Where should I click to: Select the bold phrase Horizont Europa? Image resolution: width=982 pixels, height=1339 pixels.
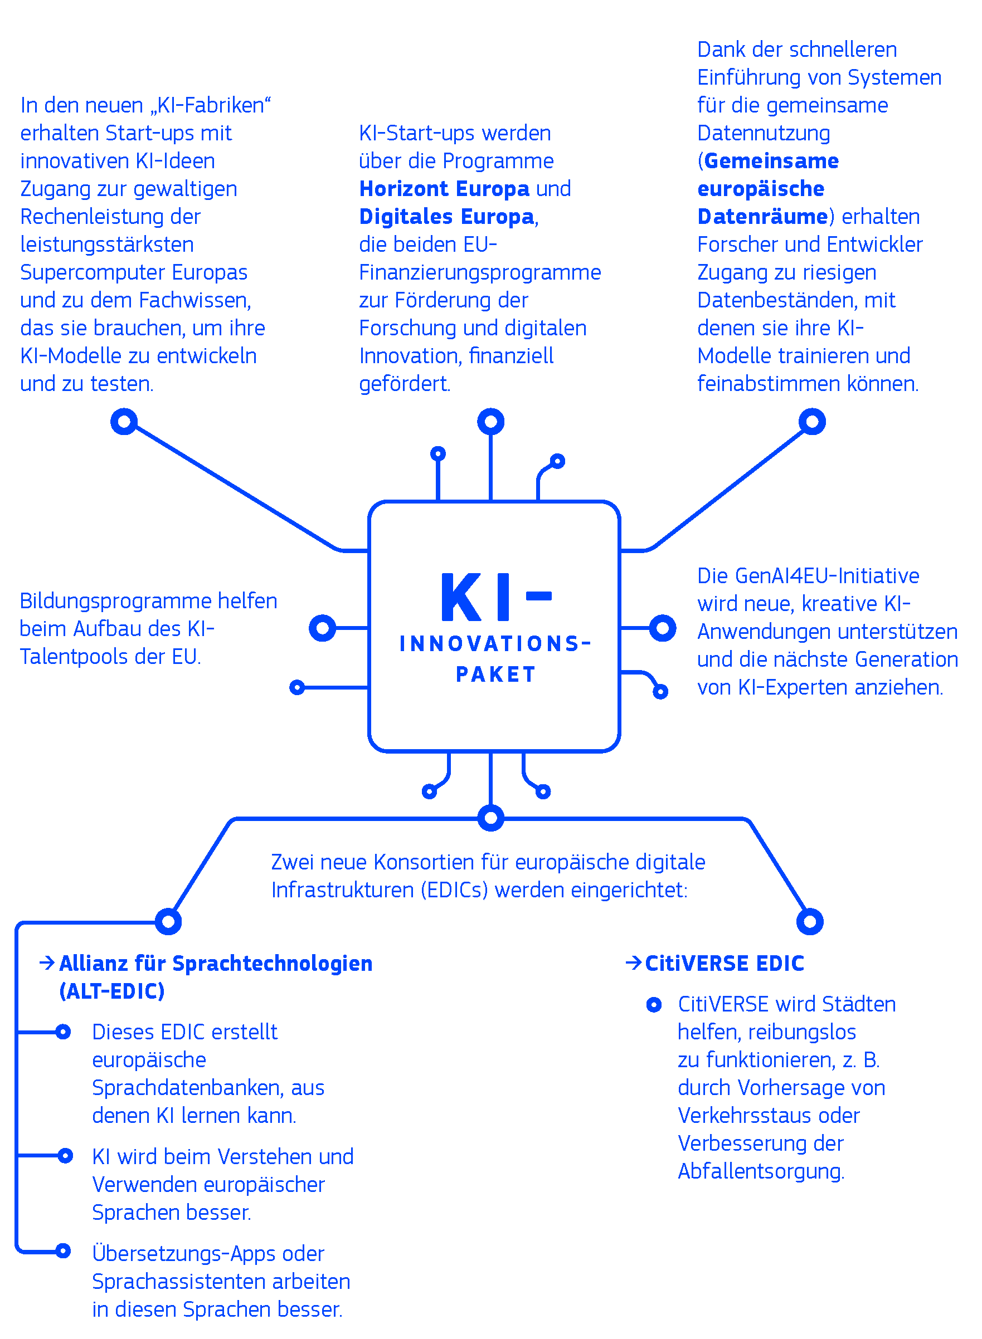444,189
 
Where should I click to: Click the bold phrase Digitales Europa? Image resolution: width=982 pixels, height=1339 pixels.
446,217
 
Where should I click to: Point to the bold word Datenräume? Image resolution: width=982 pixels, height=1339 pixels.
762,217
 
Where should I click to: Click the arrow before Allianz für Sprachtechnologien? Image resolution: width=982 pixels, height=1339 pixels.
47,962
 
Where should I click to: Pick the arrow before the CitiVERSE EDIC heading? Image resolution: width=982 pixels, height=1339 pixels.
634,962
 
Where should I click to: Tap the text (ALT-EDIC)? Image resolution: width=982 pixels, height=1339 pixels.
112,991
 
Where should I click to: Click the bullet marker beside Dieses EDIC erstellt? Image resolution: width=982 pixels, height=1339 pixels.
63,1032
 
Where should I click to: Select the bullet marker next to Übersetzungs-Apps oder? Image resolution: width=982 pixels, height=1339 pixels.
63,1250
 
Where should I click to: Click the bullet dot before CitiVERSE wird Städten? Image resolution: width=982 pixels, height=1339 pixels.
653,1005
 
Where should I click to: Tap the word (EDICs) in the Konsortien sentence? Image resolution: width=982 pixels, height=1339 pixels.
454,890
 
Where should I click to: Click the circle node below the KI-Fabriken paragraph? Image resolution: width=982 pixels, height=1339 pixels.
124,422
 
